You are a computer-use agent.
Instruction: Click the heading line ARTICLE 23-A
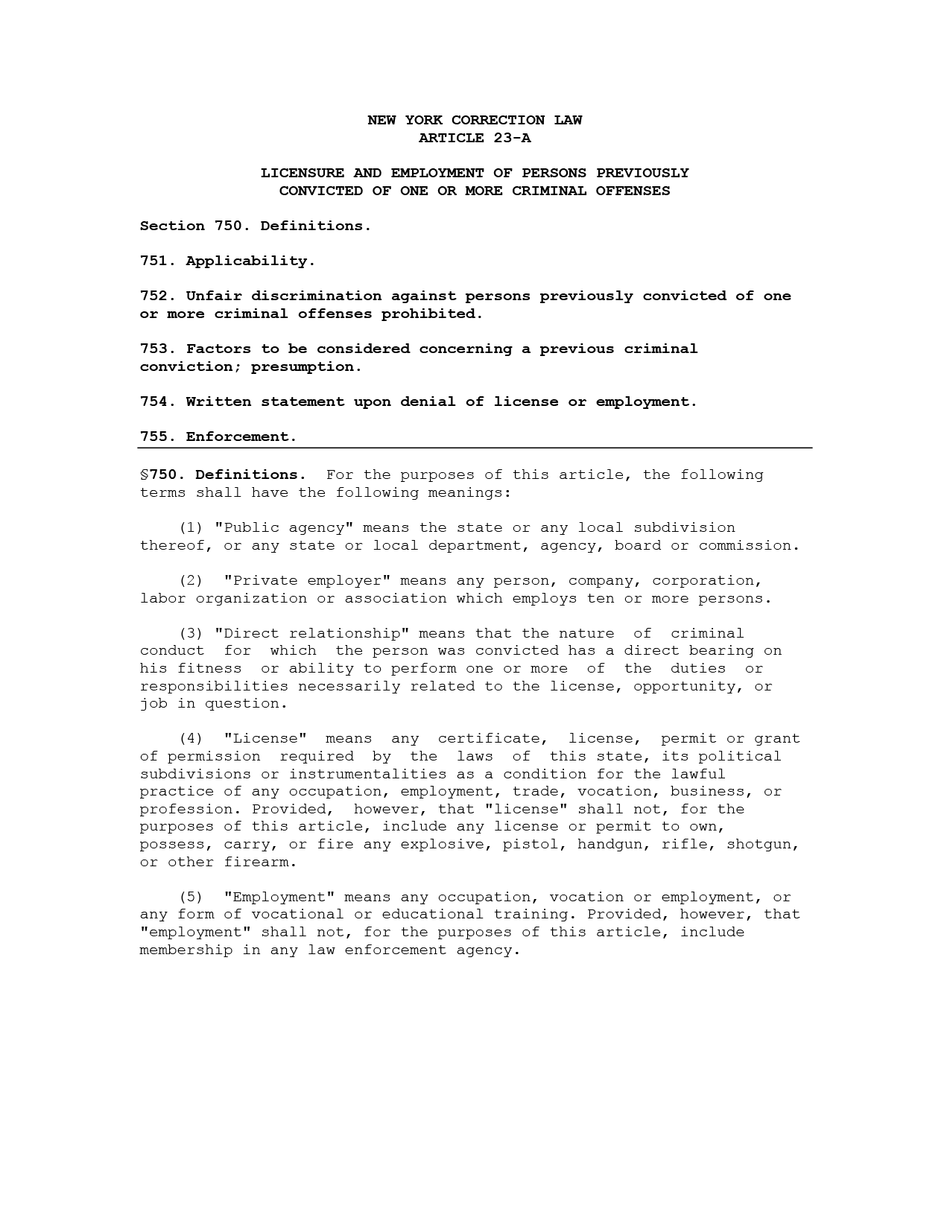point(475,138)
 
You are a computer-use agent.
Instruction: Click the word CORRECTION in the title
point(498,120)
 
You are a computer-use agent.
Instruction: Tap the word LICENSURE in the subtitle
point(302,173)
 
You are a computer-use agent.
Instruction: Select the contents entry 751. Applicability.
point(227,261)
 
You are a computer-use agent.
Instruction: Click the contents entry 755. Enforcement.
point(218,436)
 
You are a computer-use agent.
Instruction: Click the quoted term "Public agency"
point(284,527)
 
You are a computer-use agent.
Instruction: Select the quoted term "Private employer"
point(307,580)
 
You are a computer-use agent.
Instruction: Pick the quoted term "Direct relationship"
point(311,633)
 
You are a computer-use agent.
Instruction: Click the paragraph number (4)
point(191,738)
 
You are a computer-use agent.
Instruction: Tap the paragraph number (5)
point(191,897)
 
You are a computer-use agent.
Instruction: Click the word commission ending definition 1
point(747,545)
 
